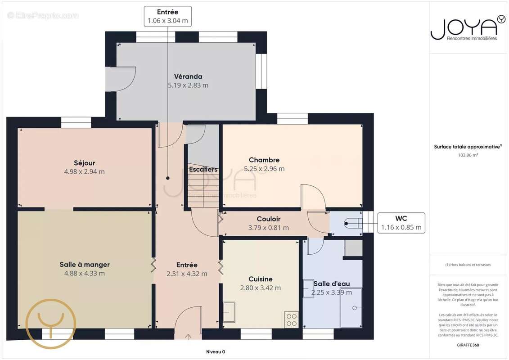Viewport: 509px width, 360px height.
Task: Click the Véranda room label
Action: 188,76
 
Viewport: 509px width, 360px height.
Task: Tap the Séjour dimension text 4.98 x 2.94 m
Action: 85,172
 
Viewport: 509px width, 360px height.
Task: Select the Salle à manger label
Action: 85,265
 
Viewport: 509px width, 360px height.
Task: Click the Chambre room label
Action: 264,160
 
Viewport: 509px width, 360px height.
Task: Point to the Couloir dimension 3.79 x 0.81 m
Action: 269,228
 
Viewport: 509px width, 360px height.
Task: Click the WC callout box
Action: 401,223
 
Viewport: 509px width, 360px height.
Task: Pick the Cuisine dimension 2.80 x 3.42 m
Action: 260,288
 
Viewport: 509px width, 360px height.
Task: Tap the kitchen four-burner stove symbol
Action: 291,320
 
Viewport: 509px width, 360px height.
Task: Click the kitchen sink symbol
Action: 229,312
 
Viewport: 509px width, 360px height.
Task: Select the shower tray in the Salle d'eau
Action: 351,308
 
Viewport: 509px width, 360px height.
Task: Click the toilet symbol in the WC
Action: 353,223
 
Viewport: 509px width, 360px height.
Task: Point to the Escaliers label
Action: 203,170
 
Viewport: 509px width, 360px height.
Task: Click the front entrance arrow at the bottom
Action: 188,337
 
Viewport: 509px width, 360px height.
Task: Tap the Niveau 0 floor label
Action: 216,352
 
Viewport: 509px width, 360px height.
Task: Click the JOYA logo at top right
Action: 468,28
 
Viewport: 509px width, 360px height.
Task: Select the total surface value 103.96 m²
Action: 468,155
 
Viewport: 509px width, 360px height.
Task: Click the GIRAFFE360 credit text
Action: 468,345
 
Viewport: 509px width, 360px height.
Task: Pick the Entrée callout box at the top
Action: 168,16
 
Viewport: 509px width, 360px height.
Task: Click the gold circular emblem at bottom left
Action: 51,324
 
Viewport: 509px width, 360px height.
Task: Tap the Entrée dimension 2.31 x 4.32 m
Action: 187,274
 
